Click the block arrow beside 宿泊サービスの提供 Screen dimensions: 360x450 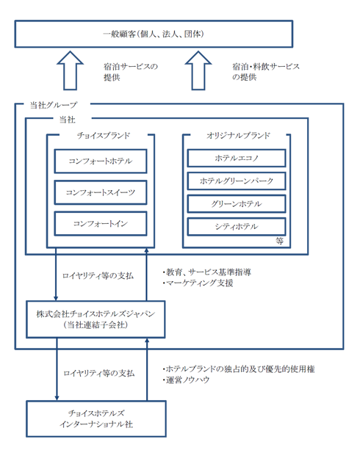[70, 70]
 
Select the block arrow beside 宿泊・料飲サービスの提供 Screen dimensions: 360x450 [198, 70]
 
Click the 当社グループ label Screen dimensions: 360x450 [54, 105]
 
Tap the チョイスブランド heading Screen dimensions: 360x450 [104, 135]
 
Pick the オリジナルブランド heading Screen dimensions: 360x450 [238, 135]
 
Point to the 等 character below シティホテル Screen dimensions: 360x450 [280, 241]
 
